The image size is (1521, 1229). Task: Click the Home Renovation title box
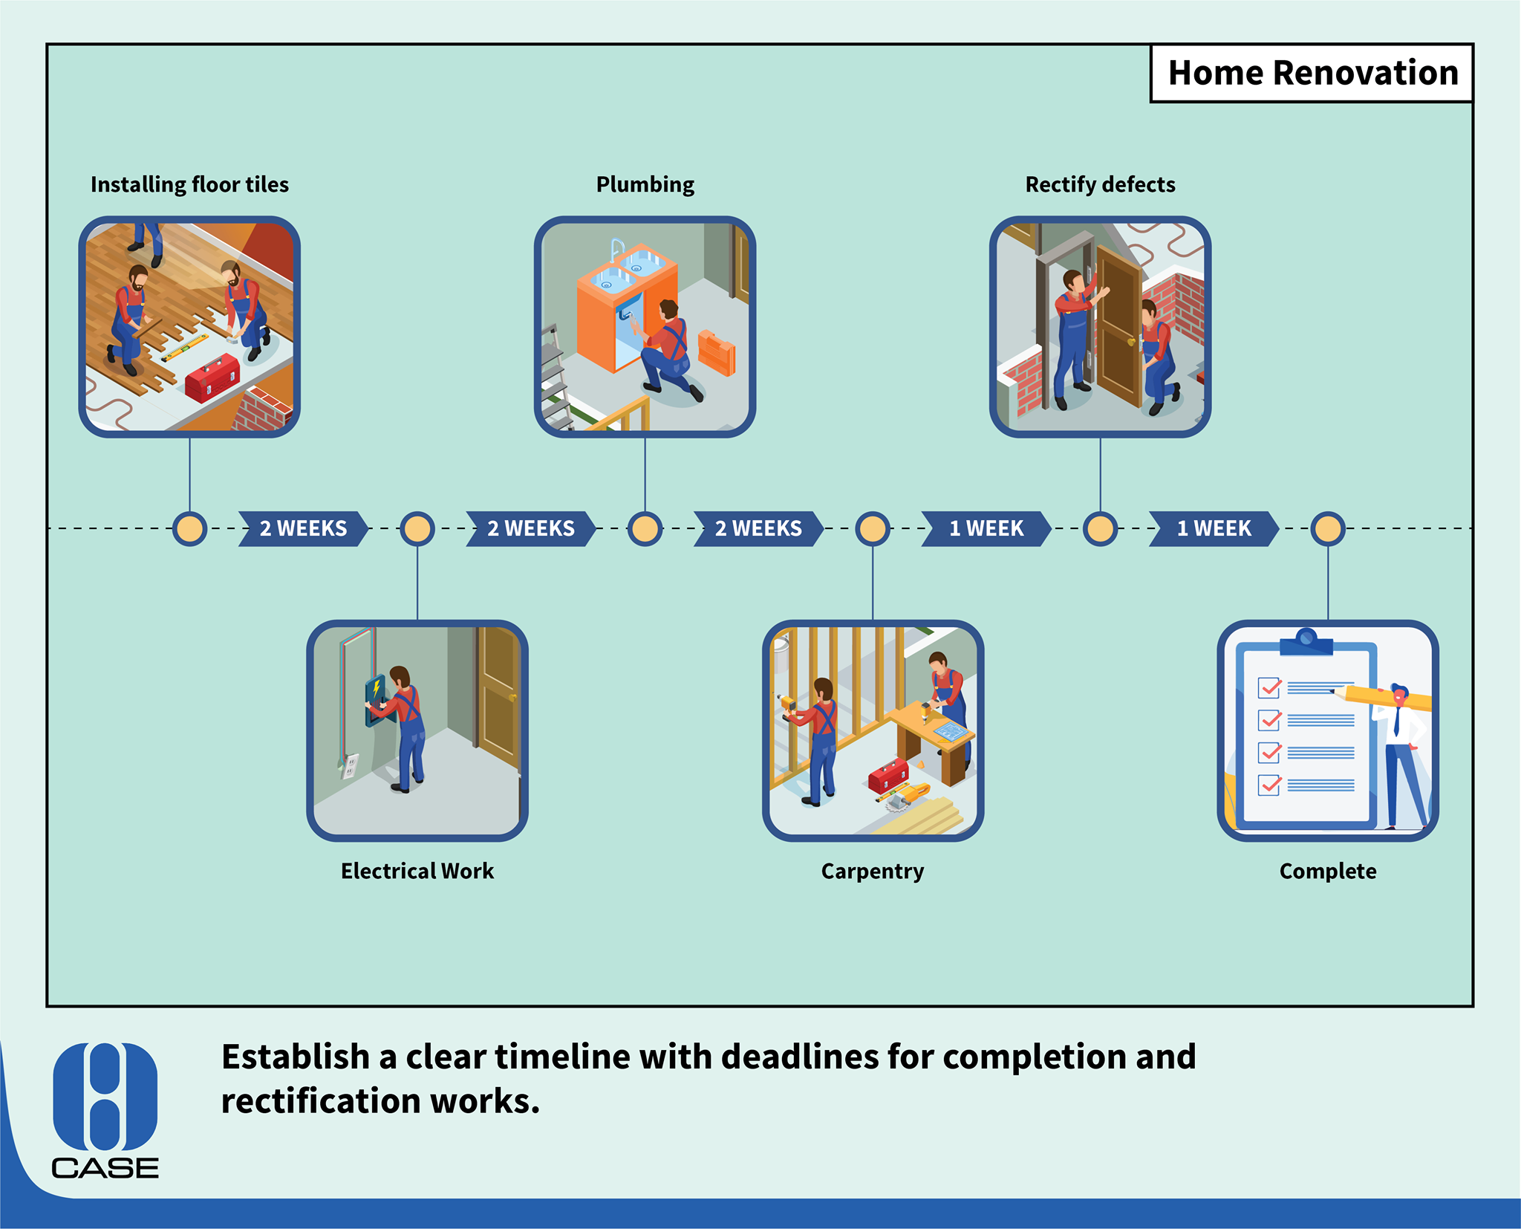pyautogui.click(x=1312, y=73)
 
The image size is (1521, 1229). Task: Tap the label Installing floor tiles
pyautogui.click(x=189, y=184)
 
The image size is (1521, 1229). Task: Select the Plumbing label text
pyautogui.click(x=645, y=184)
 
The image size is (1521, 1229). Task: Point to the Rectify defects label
pyautogui.click(x=1100, y=184)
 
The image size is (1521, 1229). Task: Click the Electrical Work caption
pyautogui.click(x=417, y=871)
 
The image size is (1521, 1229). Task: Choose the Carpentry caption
pyautogui.click(x=873, y=871)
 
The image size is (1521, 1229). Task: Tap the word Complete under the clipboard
pyautogui.click(x=1328, y=871)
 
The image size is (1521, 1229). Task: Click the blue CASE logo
pyautogui.click(x=105, y=1110)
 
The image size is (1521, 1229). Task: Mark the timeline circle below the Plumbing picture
pyautogui.click(x=645, y=528)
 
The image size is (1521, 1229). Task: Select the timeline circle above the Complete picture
pyautogui.click(x=1328, y=528)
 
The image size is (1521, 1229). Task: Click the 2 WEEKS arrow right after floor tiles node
pyautogui.click(x=303, y=528)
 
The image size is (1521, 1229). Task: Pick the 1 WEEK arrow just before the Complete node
pyautogui.click(x=1214, y=528)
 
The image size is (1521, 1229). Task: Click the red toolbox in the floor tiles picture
pyautogui.click(x=212, y=377)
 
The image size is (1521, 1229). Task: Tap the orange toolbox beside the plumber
pyautogui.click(x=717, y=352)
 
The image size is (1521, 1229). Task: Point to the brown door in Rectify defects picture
pyautogui.click(x=1119, y=327)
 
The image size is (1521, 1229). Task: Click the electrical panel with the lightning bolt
pyautogui.click(x=375, y=700)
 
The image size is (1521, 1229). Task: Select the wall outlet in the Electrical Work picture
pyautogui.click(x=350, y=765)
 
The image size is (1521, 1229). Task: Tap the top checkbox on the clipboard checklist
pyautogui.click(x=1269, y=688)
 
